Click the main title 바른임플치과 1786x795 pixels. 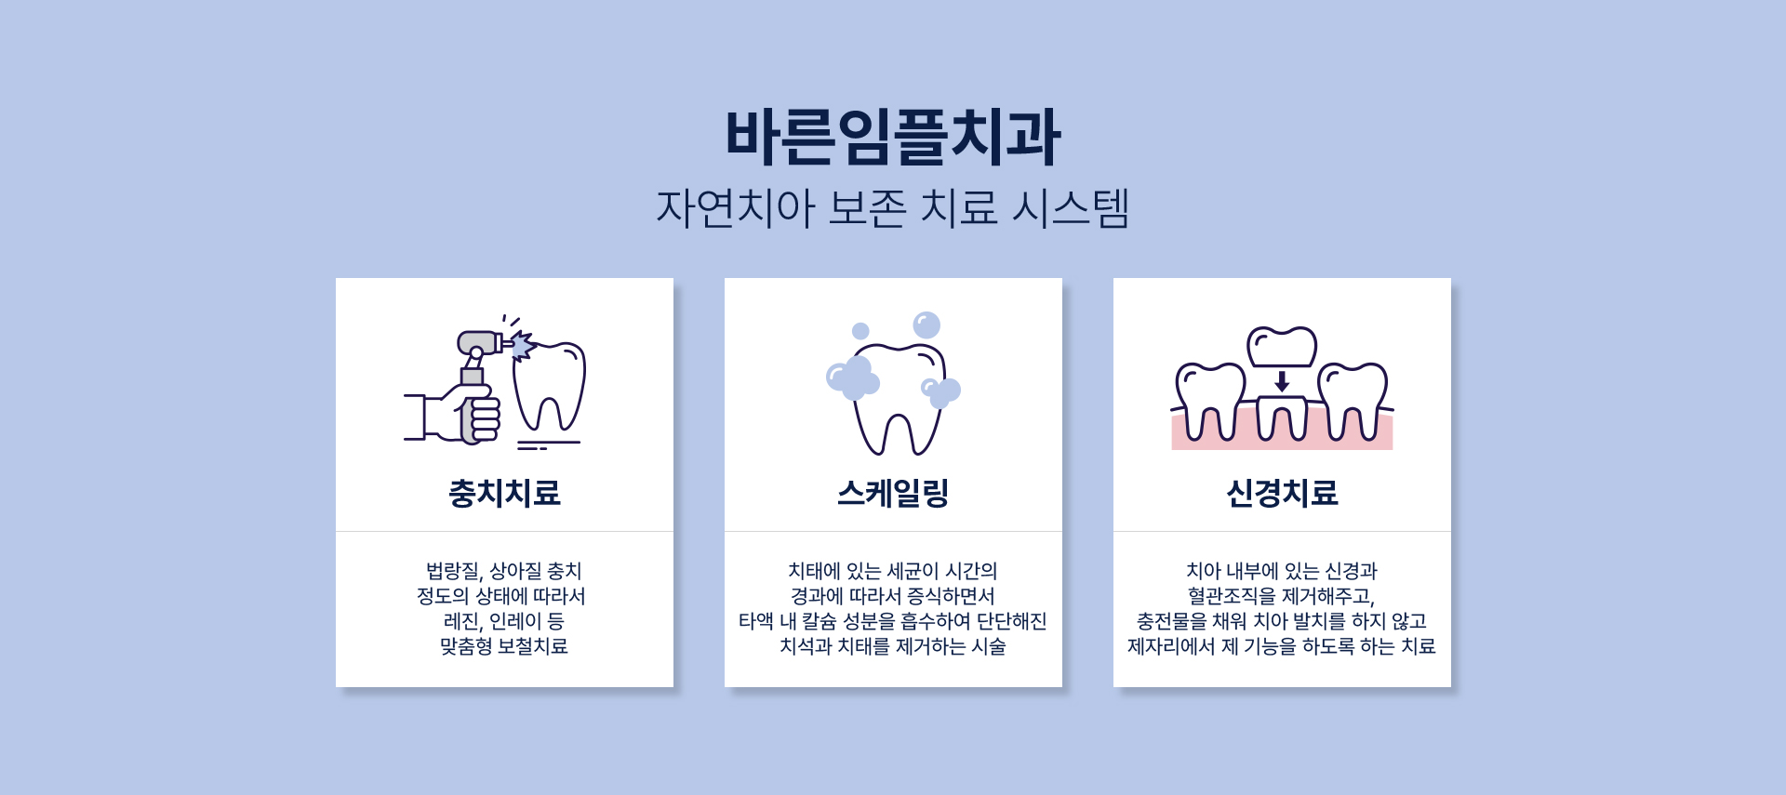893,137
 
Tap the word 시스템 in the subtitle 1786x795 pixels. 1071,207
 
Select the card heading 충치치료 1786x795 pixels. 504,493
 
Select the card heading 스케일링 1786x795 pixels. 893,493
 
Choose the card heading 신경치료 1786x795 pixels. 1282,493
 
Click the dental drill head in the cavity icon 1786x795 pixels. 480,343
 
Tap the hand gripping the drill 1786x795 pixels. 471,415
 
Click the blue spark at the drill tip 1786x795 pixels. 522,346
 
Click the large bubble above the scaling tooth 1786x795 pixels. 926,325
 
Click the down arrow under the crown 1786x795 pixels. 1282,381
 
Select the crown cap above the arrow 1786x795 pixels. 1282,347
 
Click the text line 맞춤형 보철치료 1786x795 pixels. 504,646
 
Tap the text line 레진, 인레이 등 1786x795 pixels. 504,621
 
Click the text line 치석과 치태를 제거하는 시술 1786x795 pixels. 893,646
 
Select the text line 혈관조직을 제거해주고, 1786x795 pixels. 1282,596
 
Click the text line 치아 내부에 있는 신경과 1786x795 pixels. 1282,571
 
